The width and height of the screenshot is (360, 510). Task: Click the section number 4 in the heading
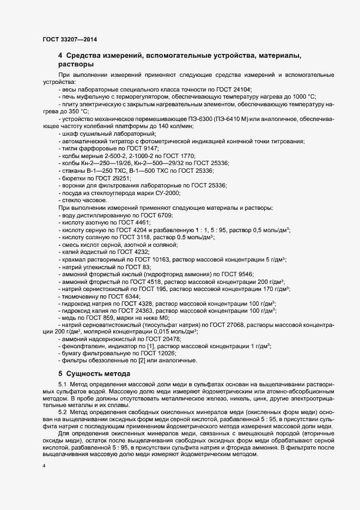pyautogui.click(x=60, y=56)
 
